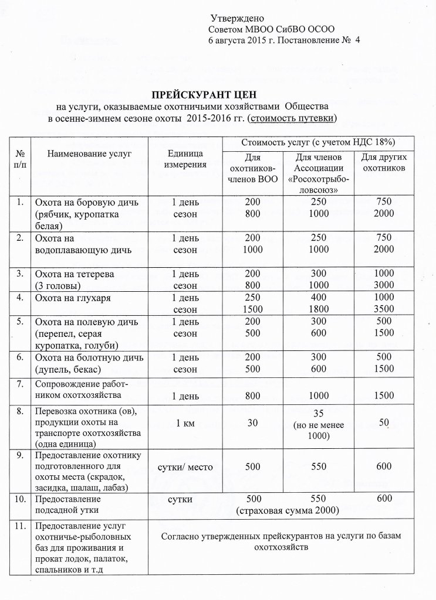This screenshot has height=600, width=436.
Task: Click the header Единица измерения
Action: (185, 158)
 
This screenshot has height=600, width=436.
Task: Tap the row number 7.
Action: (20, 384)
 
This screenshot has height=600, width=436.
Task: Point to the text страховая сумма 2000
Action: (288, 510)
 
